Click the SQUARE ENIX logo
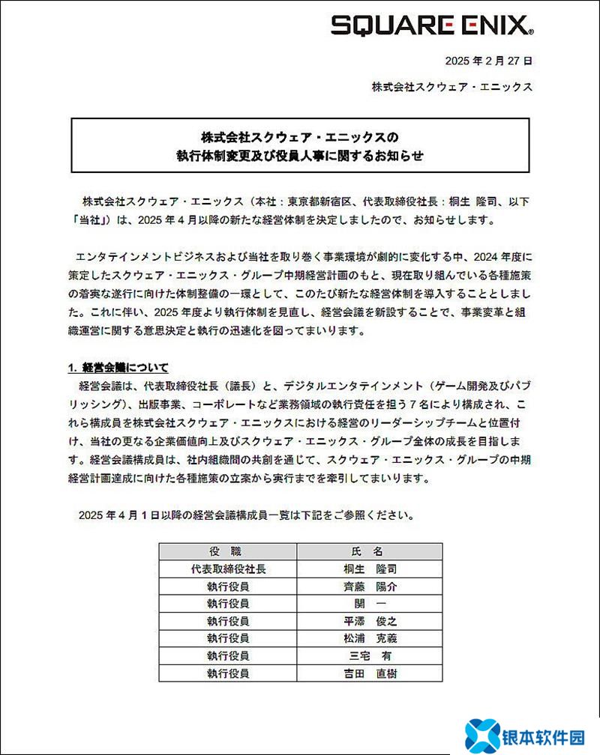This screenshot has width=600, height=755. pos(432,27)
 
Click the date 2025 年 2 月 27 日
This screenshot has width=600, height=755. pos(488,61)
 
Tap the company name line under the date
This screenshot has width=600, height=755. pos(451,87)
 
